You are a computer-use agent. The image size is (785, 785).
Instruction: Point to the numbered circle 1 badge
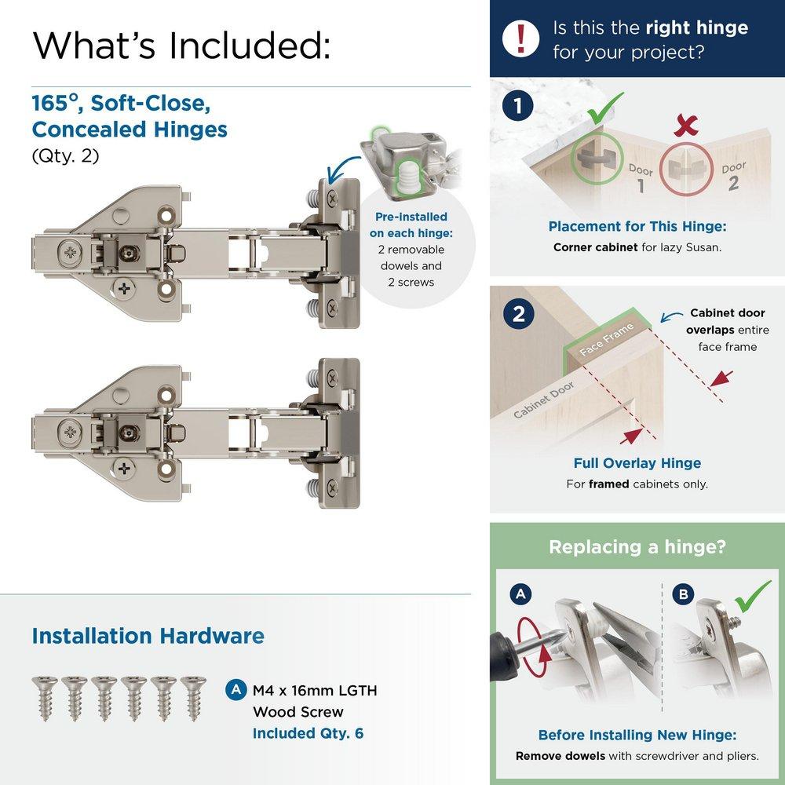519,107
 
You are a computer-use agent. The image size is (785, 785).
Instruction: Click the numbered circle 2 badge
519,314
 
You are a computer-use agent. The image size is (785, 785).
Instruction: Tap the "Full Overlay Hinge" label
637,463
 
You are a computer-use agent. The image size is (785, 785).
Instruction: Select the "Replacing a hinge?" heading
637,546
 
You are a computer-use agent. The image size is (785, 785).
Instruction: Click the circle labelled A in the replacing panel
519,595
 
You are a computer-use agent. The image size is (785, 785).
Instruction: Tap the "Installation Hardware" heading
148,635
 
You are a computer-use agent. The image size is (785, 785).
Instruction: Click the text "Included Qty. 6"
308,735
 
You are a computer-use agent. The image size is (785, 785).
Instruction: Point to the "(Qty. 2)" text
66,155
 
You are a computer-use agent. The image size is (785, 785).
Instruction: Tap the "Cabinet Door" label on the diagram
544,400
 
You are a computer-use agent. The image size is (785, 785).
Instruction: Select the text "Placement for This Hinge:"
637,227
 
